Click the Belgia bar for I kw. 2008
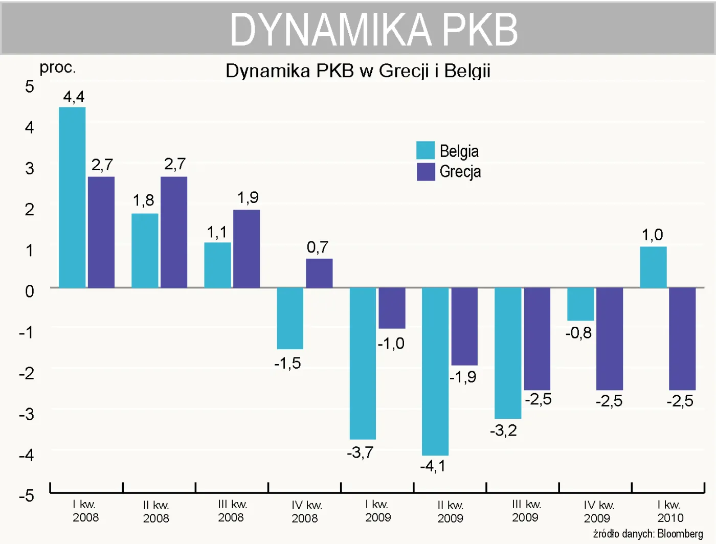pyautogui.click(x=72, y=197)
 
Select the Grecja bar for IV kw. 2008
pyautogui.click(x=319, y=273)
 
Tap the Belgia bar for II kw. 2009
pyautogui.click(x=435, y=371)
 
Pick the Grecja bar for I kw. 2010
pyautogui.click(x=682, y=338)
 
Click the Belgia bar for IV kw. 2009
pyautogui.click(x=580, y=304)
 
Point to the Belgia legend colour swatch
pyautogui.click(x=426, y=150)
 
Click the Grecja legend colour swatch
pyautogui.click(x=426, y=172)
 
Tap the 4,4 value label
pyautogui.click(x=74, y=97)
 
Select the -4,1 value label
pyautogui.click(x=433, y=466)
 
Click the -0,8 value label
pyautogui.click(x=578, y=333)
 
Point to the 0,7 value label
pyautogui.click(x=317, y=247)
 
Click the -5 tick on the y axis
pyautogui.click(x=27, y=495)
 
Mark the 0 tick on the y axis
pyautogui.click(x=30, y=291)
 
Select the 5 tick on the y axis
pyautogui.click(x=30, y=86)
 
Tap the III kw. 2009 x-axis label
pyautogui.click(x=526, y=511)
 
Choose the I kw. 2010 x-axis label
pyautogui.click(x=670, y=511)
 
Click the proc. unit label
pyautogui.click(x=58, y=67)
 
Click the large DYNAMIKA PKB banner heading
pyautogui.click(x=374, y=29)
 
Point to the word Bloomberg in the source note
pyautogui.click(x=680, y=534)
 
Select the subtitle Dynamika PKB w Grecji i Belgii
pyautogui.click(x=358, y=71)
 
